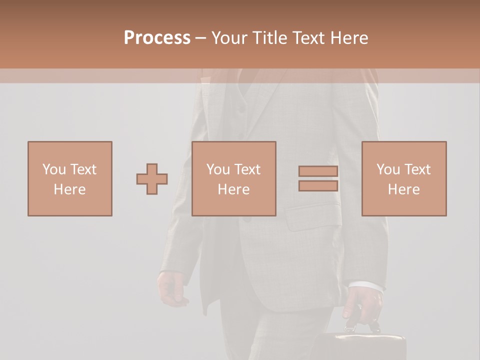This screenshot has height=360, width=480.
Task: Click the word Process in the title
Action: point(157,38)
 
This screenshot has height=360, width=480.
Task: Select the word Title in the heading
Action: point(269,38)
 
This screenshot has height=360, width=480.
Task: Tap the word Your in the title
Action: point(230,38)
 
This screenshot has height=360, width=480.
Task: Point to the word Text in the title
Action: point(306,38)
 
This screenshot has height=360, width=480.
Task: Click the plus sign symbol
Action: point(152,179)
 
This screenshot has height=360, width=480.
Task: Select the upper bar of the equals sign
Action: point(318,171)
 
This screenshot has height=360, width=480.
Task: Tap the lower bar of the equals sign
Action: point(318,186)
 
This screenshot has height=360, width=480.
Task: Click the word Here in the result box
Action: point(403,189)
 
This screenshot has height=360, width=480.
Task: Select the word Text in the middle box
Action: point(247,169)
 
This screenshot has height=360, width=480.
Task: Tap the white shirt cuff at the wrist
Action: point(367,286)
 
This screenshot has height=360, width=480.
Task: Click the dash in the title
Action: point(201,38)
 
